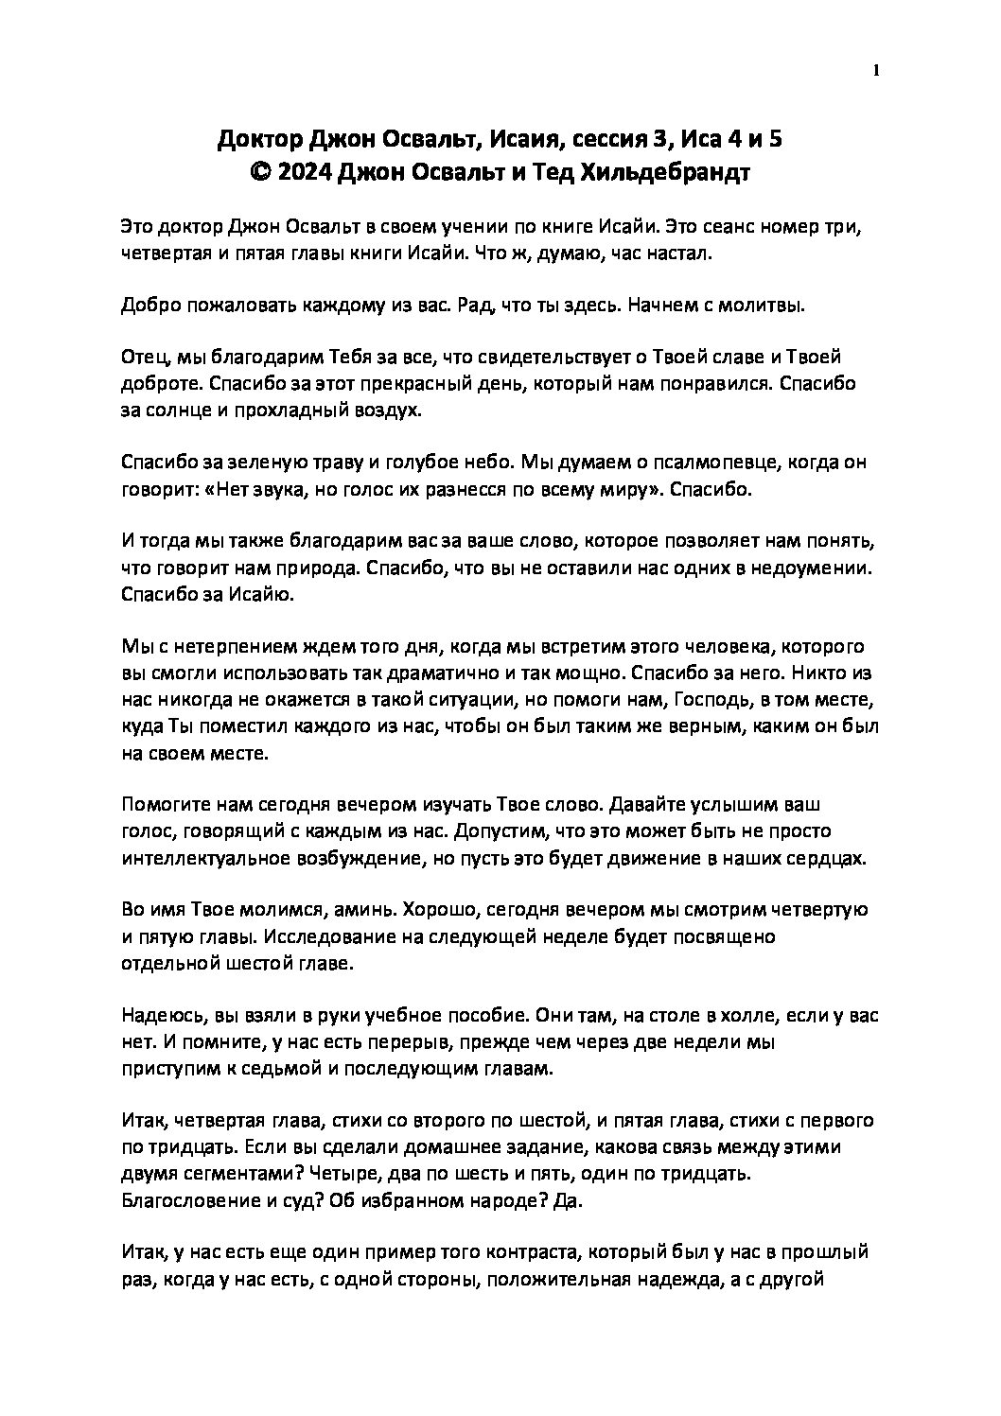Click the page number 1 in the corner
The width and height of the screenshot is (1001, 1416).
click(877, 70)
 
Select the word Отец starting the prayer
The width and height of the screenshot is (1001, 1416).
click(146, 358)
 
